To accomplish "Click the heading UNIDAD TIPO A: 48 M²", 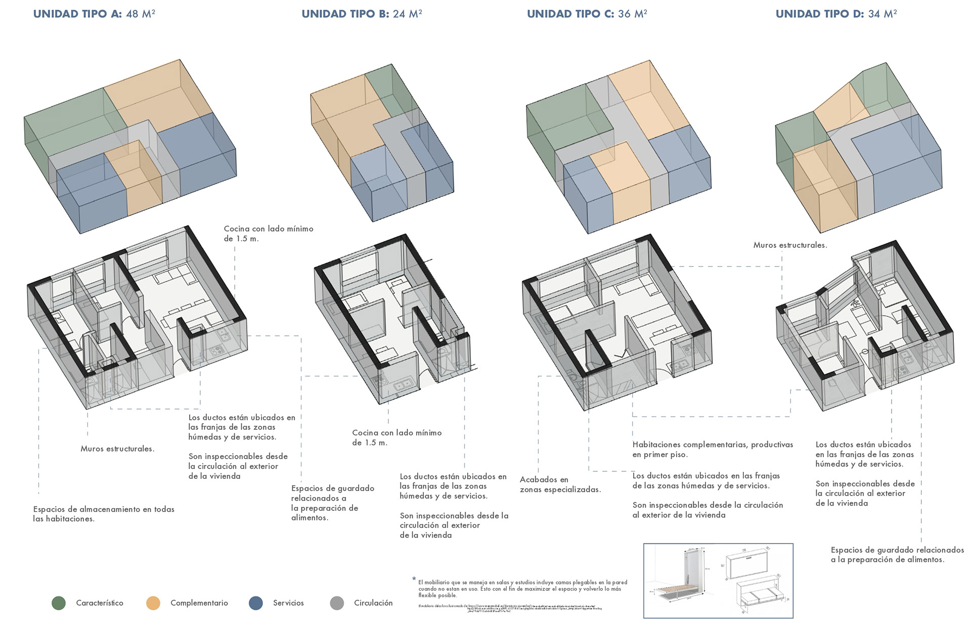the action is click(94, 14).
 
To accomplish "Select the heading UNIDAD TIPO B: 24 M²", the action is click(362, 14).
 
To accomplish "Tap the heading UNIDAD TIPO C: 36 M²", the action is click(587, 14).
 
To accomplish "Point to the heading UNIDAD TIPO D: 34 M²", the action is click(836, 14).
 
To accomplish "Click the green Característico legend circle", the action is click(59, 603).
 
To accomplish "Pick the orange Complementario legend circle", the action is click(153, 603).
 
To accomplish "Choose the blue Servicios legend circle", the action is click(256, 603).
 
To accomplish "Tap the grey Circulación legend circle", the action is click(337, 603).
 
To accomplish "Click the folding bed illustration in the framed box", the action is click(718, 580).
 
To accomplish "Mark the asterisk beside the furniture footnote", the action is click(414, 579).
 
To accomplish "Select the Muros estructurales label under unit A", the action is click(117, 448).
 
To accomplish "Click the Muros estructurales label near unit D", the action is click(790, 245).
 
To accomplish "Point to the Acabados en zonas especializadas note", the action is click(560, 484).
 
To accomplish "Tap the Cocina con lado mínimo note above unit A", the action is click(268, 234).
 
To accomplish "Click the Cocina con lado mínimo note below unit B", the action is click(396, 437).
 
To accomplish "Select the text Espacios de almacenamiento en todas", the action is click(104, 509).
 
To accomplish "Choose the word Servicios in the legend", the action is click(288, 603).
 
